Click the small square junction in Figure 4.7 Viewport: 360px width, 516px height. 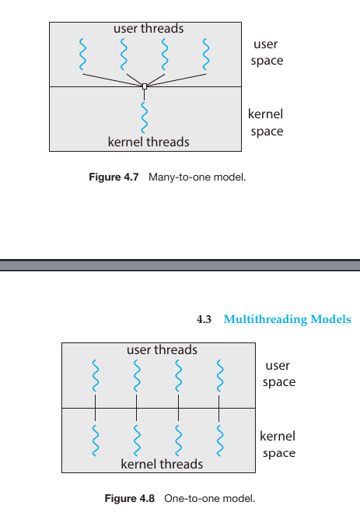point(145,86)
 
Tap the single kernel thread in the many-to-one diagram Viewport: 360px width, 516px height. point(145,118)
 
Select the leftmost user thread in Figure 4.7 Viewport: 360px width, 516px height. point(82,54)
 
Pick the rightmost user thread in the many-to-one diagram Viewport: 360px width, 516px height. point(206,54)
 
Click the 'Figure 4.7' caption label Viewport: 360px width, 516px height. point(114,177)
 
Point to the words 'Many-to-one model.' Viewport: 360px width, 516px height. point(197,177)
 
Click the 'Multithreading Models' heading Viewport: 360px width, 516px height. point(287,319)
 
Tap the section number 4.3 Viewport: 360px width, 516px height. point(204,319)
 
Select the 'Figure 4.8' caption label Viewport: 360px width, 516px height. point(130,498)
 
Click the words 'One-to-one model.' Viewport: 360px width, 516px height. point(210,498)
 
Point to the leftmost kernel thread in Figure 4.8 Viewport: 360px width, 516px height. point(96,441)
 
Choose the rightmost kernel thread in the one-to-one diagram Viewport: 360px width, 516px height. point(219,441)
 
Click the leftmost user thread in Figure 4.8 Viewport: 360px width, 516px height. point(96,376)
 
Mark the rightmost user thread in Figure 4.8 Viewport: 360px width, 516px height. point(219,376)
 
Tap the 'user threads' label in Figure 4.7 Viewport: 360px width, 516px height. point(149,29)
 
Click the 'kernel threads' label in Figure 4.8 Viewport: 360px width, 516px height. point(162,464)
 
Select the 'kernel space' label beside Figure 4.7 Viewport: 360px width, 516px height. point(266,122)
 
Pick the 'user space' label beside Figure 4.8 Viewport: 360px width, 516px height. point(279,374)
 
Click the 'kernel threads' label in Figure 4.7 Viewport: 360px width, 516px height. point(149,142)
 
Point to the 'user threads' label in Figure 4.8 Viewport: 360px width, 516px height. point(162,349)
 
